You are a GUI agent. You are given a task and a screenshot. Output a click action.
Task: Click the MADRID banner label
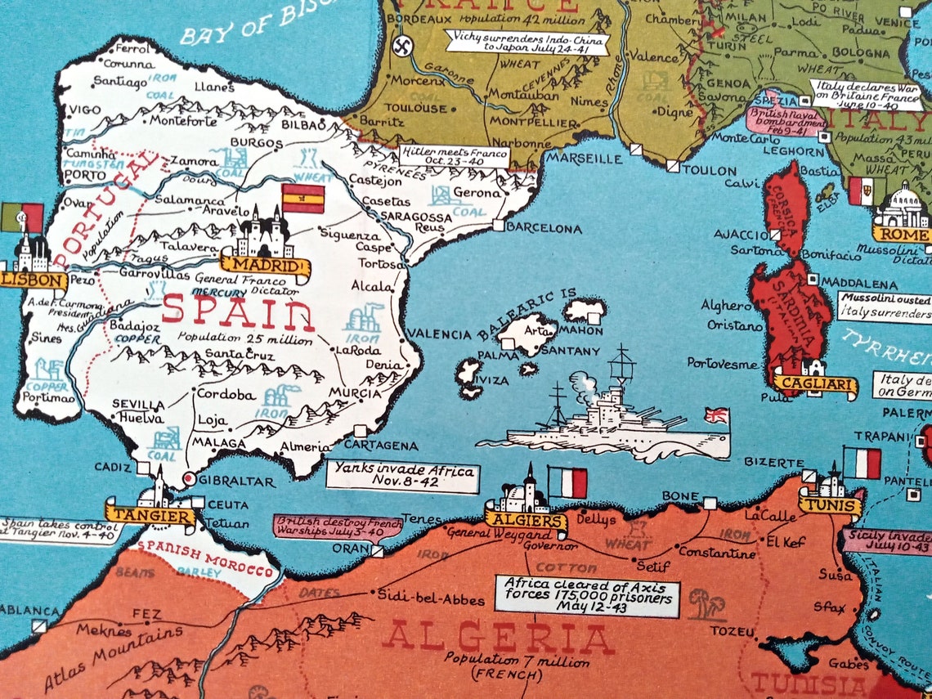[264, 267]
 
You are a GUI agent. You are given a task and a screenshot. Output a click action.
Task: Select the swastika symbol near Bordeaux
[401, 46]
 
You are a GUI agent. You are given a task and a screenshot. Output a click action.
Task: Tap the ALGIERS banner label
[525, 520]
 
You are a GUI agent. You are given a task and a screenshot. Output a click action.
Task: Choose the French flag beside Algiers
[568, 482]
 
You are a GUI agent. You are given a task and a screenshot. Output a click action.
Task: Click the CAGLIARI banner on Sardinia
[814, 383]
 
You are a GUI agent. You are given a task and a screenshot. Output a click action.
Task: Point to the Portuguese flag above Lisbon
[22, 218]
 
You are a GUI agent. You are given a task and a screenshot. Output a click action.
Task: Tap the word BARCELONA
[544, 229]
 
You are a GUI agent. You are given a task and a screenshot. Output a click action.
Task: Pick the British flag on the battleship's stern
[716, 416]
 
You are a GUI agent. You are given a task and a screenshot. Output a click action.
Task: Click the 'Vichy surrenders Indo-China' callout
[528, 42]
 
